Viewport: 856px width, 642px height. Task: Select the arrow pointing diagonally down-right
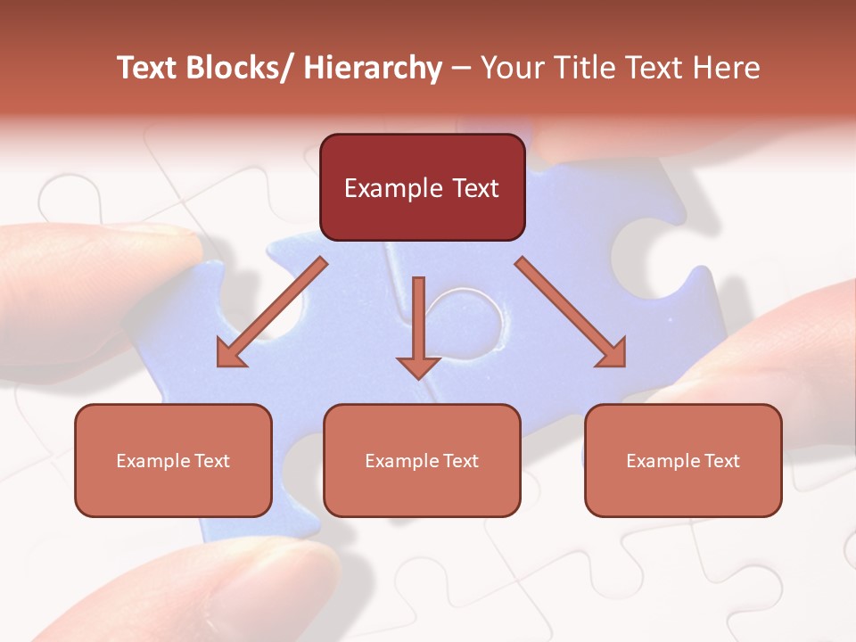572,313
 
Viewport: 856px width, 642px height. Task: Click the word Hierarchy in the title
373,69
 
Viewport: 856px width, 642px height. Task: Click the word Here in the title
728,68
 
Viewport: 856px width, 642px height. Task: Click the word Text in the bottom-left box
211,461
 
